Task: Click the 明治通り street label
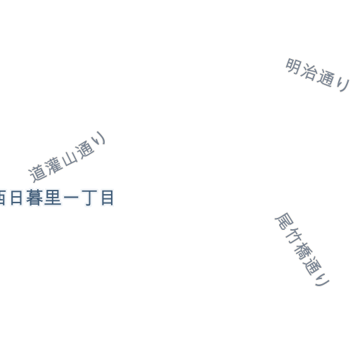click(x=318, y=75)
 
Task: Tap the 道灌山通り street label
click(x=67, y=157)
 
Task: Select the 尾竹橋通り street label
click(x=302, y=249)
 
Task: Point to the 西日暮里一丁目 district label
click(x=57, y=198)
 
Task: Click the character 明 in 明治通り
click(x=293, y=66)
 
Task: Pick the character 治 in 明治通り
click(x=309, y=72)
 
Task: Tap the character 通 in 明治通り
click(x=326, y=78)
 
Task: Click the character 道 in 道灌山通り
click(x=37, y=173)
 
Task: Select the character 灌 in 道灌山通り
click(x=53, y=165)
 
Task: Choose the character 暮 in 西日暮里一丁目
click(x=34, y=198)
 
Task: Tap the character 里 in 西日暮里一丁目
click(x=53, y=198)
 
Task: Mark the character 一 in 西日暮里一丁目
click(x=71, y=198)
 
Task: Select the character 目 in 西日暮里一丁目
click(x=108, y=198)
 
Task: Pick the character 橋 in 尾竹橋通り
click(x=303, y=252)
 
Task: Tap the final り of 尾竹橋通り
click(x=323, y=280)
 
